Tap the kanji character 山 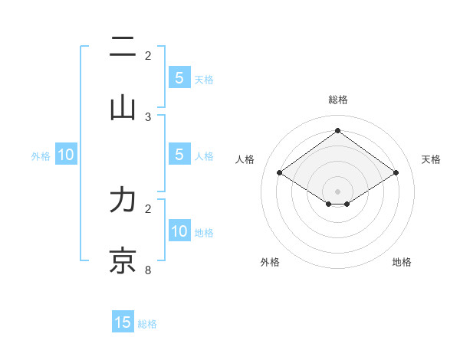123,107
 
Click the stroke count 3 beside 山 148,116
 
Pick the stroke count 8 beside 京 148,270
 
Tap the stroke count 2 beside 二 148,55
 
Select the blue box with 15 123,322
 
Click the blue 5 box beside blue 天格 179,77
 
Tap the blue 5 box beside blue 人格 179,155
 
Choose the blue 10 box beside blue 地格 179,231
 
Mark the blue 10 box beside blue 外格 65,155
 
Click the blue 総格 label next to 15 147,324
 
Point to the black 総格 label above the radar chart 338,100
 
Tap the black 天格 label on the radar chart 431,159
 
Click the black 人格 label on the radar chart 245,159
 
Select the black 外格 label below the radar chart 270,263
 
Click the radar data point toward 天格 396,173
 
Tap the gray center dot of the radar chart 338,191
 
